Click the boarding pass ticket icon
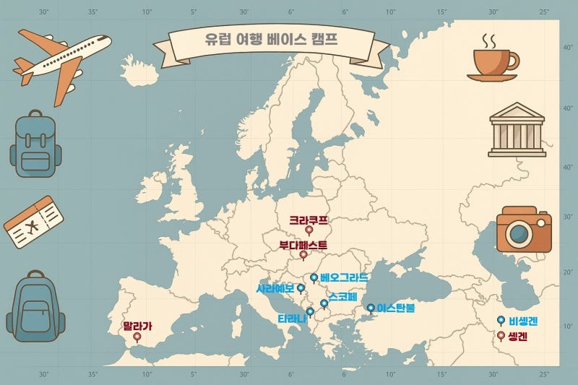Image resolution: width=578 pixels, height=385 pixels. (33, 222)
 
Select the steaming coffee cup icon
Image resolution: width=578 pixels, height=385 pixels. (494, 62)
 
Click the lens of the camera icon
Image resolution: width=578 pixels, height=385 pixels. (519, 233)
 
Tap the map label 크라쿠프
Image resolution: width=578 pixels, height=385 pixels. (309, 220)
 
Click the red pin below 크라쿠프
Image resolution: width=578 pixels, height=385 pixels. (309, 230)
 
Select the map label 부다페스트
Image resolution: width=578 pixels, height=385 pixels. (303, 245)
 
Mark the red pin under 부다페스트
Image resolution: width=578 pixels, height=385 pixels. (303, 254)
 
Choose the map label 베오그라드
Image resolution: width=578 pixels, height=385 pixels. (344, 277)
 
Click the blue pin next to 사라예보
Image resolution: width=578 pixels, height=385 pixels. (301, 288)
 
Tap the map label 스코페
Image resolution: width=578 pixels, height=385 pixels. (342, 297)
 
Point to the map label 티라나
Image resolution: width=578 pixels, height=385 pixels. (291, 319)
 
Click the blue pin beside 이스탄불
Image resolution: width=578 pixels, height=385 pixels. (371, 308)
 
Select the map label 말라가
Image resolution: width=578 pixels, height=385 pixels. (137, 326)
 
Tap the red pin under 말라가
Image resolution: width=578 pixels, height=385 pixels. (137, 336)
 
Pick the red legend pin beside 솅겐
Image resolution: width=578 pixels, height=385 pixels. (501, 336)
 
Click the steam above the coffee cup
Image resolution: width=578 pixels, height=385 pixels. (489, 40)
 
